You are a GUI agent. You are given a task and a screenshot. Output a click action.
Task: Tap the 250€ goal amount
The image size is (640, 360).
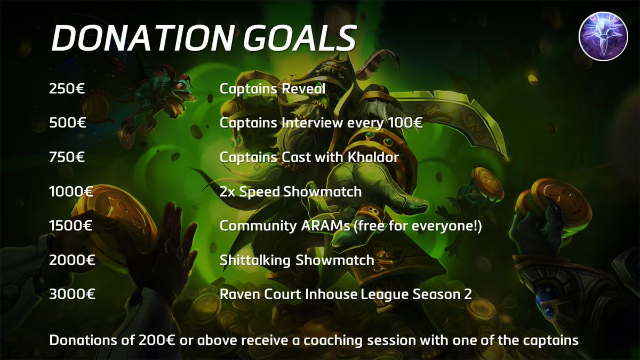pyautogui.click(x=67, y=89)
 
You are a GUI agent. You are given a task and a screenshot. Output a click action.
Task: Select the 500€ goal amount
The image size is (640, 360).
pyautogui.click(x=67, y=123)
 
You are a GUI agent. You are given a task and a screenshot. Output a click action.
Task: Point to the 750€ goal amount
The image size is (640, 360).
pyautogui.click(x=67, y=157)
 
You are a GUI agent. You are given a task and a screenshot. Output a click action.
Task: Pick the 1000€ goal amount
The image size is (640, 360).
pyautogui.click(x=71, y=191)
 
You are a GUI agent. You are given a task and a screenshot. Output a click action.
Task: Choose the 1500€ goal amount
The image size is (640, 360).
pyautogui.click(x=71, y=226)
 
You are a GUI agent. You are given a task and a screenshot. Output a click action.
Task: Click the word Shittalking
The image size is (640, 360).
pyautogui.click(x=255, y=260)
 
